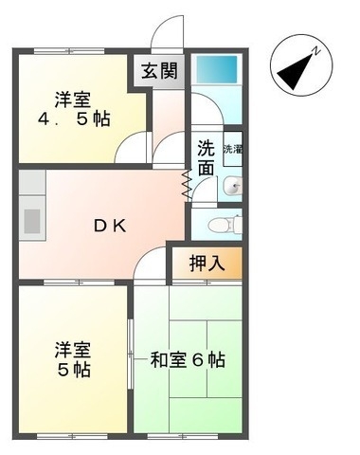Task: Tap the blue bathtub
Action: (x=218, y=70)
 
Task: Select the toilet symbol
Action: (x=224, y=225)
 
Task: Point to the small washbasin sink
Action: (x=234, y=184)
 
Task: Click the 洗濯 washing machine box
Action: (x=232, y=149)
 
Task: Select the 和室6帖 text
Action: (x=189, y=360)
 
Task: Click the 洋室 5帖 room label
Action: (x=71, y=359)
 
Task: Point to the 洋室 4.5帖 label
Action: (x=74, y=108)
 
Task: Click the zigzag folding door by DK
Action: (x=187, y=186)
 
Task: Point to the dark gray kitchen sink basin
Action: (x=32, y=220)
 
